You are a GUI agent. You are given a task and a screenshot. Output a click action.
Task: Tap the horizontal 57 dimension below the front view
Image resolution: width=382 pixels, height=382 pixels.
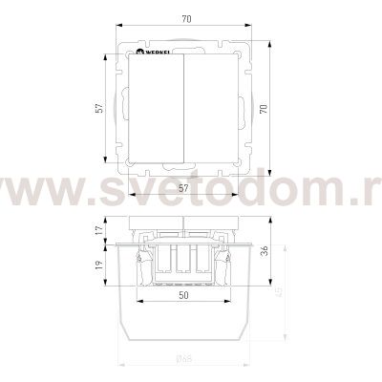point(181,190)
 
